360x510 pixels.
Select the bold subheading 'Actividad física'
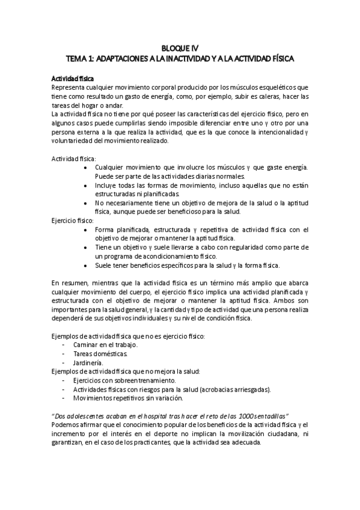click(72, 78)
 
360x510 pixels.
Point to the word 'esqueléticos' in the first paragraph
click(281, 87)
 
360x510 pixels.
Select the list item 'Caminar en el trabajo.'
click(105, 345)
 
